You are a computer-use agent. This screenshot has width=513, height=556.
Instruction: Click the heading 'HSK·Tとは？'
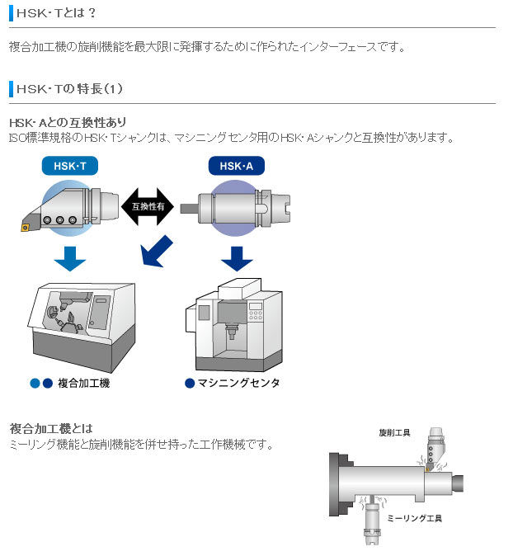(56, 12)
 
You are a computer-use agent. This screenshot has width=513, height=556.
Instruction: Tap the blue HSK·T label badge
(70, 167)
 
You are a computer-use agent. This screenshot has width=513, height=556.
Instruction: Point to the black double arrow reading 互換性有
(148, 206)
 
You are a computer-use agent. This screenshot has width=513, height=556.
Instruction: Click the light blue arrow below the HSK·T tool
(70, 257)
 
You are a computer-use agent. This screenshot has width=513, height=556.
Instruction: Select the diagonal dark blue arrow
(158, 251)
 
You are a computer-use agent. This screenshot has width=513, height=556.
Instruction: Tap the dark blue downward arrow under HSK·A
(237, 257)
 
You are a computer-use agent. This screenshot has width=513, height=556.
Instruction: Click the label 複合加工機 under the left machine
(83, 384)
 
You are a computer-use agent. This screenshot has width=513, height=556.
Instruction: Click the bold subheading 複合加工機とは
(51, 428)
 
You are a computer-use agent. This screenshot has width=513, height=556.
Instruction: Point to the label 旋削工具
(395, 433)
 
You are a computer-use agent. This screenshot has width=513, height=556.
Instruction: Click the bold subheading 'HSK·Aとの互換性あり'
(68, 122)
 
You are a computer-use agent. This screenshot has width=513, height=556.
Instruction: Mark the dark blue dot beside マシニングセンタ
(190, 383)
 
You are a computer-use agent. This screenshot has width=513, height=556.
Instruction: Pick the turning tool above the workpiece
(434, 450)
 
